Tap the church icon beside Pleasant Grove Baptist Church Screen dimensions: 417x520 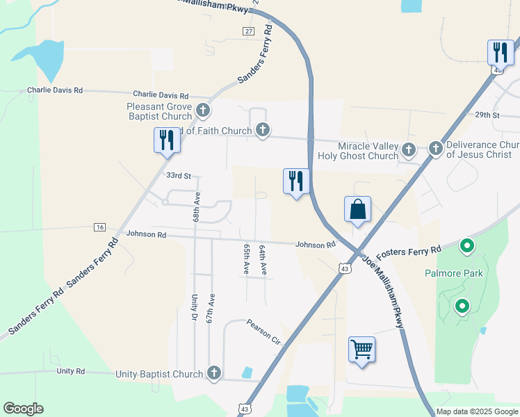pyautogui.click(x=202, y=110)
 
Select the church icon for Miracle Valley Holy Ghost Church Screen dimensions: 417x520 pyautogui.click(x=409, y=149)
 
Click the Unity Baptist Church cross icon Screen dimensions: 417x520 pyautogui.click(x=214, y=374)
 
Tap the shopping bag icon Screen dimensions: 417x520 pyautogui.click(x=357, y=208)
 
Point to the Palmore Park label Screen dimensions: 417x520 pyautogui.click(x=453, y=273)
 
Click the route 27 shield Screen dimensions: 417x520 pyautogui.click(x=248, y=31)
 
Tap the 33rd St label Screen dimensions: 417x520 pyautogui.click(x=178, y=177)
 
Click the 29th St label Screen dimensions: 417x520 pyautogui.click(x=487, y=115)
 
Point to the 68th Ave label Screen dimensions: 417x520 pyautogui.click(x=197, y=208)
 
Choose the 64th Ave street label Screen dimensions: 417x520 pyautogui.click(x=263, y=260)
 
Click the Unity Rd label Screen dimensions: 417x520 pyautogui.click(x=70, y=372)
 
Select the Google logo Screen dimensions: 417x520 pyautogui.click(x=23, y=409)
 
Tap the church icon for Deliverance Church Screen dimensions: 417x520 pyautogui.click(x=435, y=148)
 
